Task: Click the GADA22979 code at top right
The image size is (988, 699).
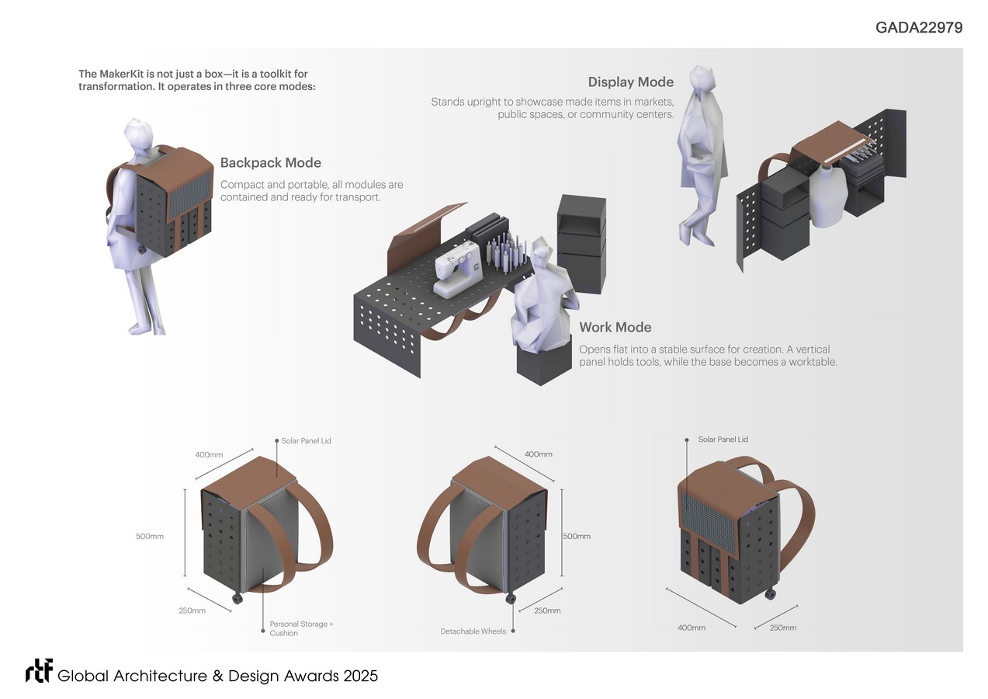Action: pyautogui.click(x=919, y=28)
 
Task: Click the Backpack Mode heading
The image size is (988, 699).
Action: pyautogui.click(x=270, y=163)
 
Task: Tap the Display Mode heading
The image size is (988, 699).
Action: pyautogui.click(x=630, y=82)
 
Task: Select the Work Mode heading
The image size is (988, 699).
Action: pyautogui.click(x=615, y=328)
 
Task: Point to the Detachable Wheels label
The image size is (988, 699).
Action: pyautogui.click(x=473, y=631)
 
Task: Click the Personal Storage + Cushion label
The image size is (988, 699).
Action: pyautogui.click(x=301, y=628)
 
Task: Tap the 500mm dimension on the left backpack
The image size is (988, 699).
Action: pyautogui.click(x=150, y=536)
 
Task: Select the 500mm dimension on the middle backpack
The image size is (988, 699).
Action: pyautogui.click(x=577, y=536)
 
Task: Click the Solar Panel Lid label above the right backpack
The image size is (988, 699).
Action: pyautogui.click(x=723, y=440)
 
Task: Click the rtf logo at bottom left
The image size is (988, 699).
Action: pyautogui.click(x=39, y=672)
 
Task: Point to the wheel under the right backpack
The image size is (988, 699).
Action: pyautogui.click(x=770, y=594)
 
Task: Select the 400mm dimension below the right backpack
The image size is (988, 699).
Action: pyautogui.click(x=692, y=628)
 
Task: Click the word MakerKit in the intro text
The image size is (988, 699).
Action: pyautogui.click(x=124, y=74)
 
